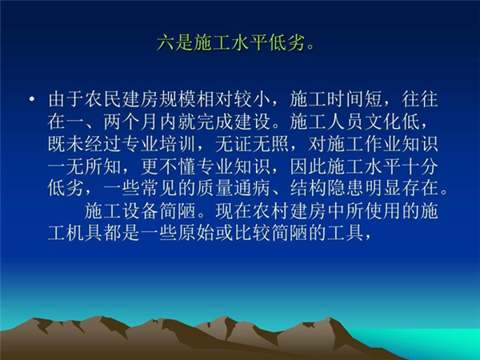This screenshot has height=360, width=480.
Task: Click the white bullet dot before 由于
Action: [31, 99]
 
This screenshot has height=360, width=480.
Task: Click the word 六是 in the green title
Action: [174, 43]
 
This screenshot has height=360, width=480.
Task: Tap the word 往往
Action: [420, 99]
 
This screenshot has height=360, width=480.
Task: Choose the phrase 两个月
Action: [130, 122]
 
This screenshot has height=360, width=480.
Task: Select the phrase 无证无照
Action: [252, 144]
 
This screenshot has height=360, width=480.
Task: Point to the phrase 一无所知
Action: [84, 166]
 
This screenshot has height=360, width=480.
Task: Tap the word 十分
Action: [420, 166]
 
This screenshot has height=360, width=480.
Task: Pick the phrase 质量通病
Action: [233, 188]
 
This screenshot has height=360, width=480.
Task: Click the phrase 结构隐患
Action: [326, 188]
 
